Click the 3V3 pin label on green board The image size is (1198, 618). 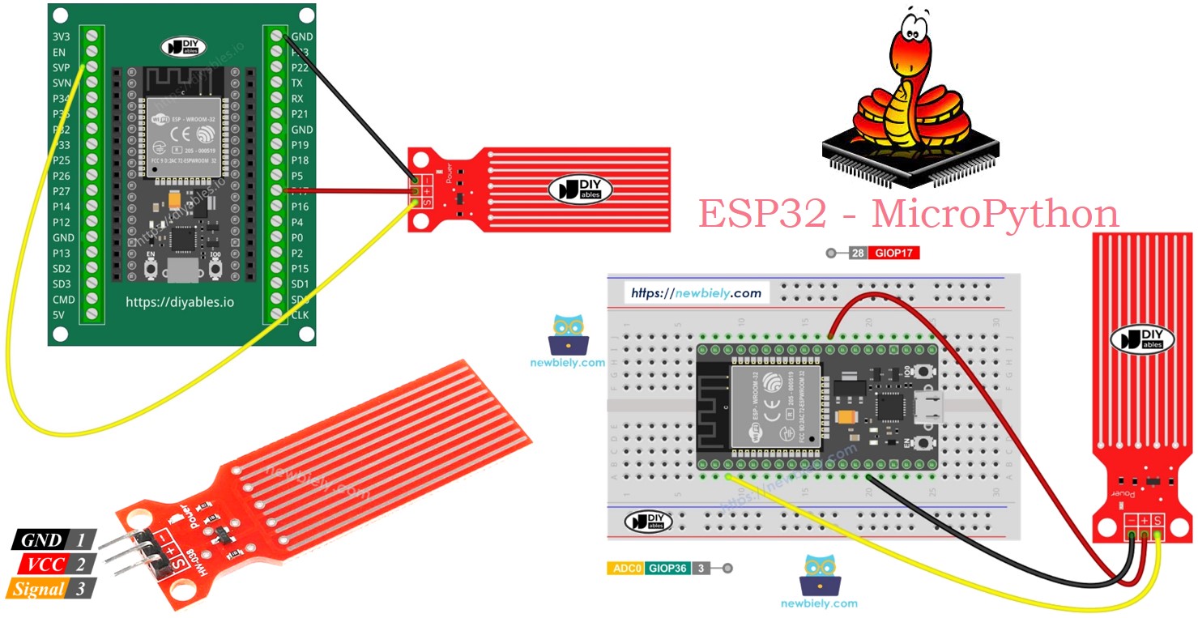pos(61,37)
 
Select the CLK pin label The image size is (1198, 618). pos(301,314)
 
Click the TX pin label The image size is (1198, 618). pos(297,83)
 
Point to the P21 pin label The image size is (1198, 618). pos(300,114)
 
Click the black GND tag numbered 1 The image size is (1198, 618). pos(41,540)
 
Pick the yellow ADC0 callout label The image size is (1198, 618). pos(625,569)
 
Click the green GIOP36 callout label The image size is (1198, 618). pos(667,569)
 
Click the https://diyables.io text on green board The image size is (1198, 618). pos(180,302)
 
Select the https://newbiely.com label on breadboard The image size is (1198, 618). pos(696,292)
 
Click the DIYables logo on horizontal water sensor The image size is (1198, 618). pos(580,190)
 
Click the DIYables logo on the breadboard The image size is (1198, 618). pos(648,522)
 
